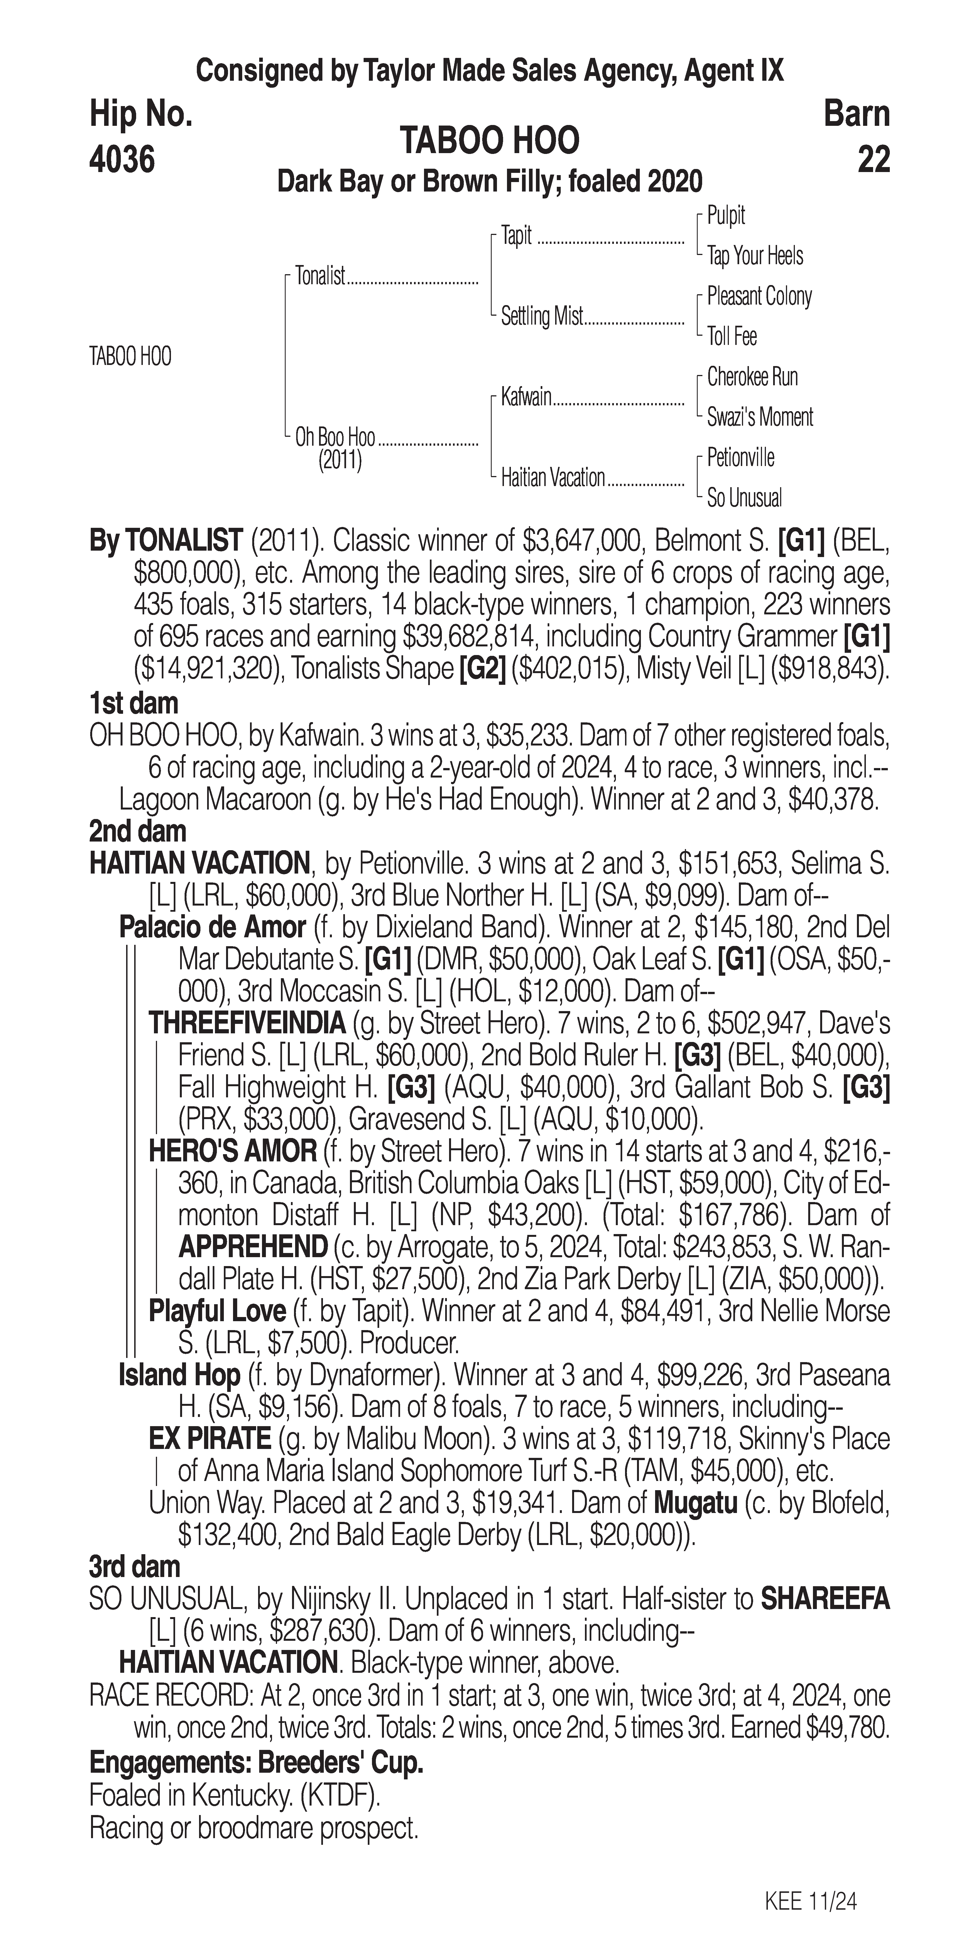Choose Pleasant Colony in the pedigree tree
click(759, 296)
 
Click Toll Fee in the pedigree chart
click(732, 337)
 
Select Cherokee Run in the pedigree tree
click(752, 377)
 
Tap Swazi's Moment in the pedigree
click(760, 417)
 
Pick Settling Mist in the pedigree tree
click(542, 316)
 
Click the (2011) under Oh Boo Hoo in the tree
click(340, 460)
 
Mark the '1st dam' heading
click(134, 703)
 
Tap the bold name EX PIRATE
click(210, 1438)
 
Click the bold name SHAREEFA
click(825, 1599)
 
